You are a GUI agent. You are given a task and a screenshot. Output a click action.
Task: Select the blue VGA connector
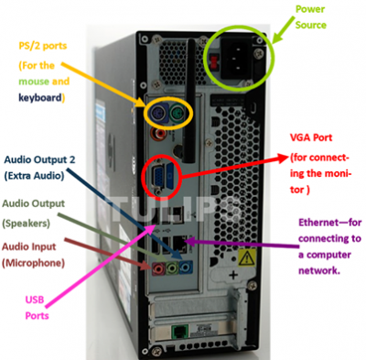click(x=160, y=177)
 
